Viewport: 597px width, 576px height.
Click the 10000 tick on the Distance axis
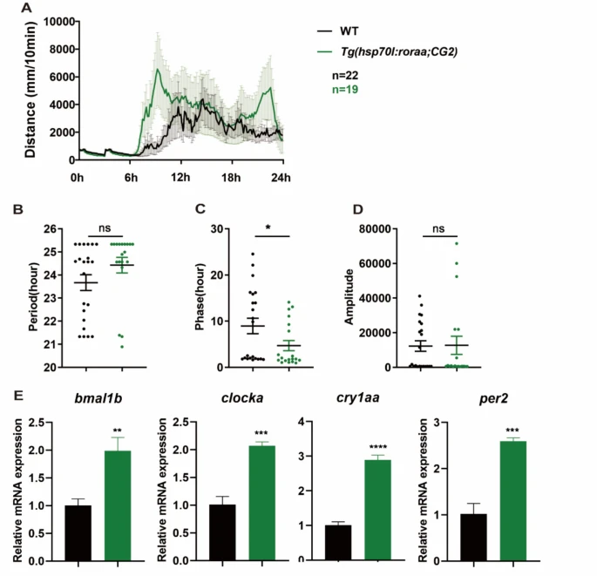(52, 21)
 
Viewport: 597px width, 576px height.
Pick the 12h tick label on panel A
(180, 178)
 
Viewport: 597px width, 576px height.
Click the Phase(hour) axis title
(198, 296)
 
